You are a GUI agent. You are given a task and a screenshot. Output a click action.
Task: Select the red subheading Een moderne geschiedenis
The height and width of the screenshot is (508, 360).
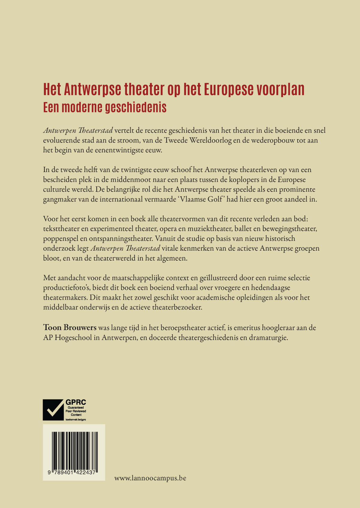(105, 107)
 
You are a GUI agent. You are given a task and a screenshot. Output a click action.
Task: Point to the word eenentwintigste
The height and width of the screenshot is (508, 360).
(114, 150)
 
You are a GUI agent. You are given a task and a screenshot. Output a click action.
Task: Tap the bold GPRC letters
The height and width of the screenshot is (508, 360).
(76, 402)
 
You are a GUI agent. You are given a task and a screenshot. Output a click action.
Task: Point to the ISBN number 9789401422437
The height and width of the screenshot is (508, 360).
(72, 472)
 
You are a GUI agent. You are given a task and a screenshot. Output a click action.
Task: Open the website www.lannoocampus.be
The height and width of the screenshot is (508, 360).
(150, 478)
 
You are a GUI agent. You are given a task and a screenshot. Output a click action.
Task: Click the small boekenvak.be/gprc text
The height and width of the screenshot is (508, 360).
(76, 419)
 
